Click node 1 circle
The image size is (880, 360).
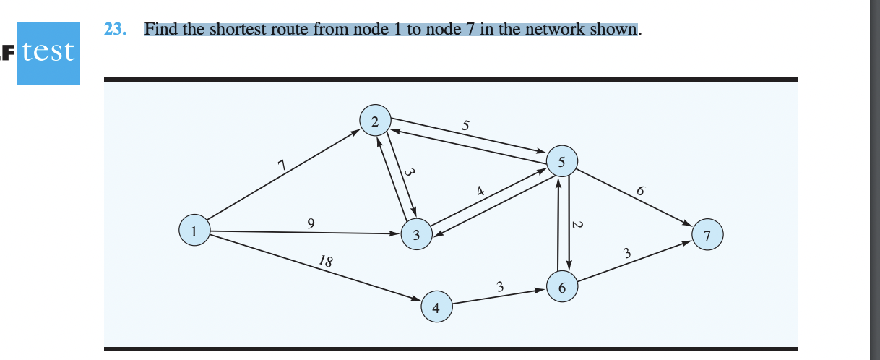click(x=194, y=231)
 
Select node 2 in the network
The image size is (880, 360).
click(x=375, y=121)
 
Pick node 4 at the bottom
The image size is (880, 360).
click(x=436, y=307)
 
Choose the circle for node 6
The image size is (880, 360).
click(x=561, y=287)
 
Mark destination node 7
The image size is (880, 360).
click(x=707, y=235)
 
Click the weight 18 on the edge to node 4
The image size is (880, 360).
click(x=325, y=261)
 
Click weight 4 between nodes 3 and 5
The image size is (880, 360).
click(x=479, y=192)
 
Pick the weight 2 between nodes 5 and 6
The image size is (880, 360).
click(x=577, y=225)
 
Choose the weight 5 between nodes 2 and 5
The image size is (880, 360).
click(x=466, y=127)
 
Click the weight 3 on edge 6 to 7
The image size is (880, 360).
click(x=627, y=254)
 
